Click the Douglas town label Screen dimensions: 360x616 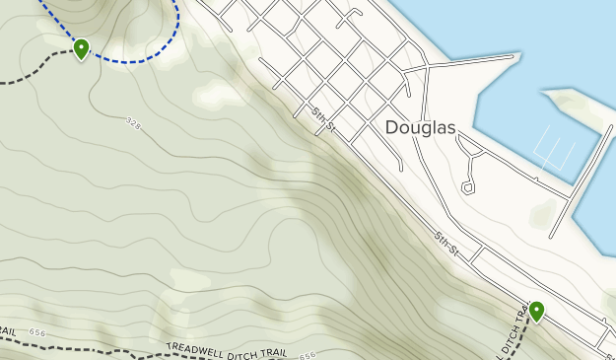pos(419,127)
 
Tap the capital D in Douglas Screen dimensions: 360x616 pos(391,127)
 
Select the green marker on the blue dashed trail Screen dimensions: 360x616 pos(81,47)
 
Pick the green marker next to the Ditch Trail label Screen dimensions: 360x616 pos(536,311)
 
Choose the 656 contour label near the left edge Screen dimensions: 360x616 pos(37,333)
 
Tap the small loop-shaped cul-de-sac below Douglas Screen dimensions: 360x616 pos(467,185)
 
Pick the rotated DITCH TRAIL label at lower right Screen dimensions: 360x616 pos(510,332)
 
